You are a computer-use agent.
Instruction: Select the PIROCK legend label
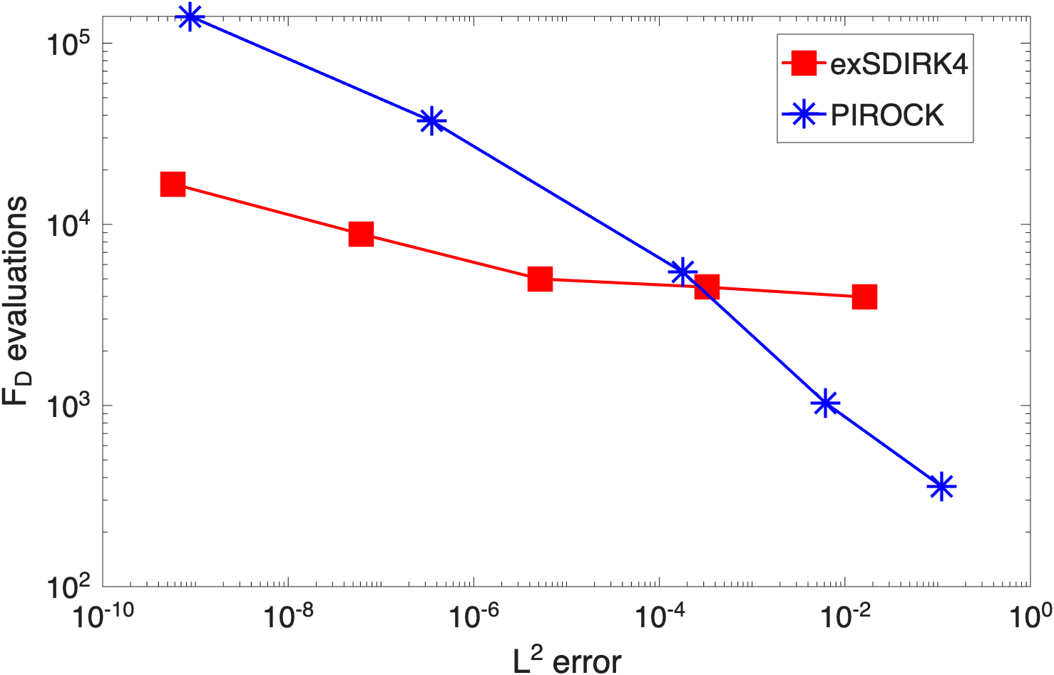click(x=887, y=115)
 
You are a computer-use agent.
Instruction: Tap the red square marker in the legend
click(x=804, y=63)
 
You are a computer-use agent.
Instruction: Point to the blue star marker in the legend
click(x=804, y=114)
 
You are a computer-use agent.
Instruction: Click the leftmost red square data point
click(x=173, y=184)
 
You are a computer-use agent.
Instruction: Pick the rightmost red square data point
click(x=865, y=297)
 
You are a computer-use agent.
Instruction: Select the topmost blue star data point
click(x=190, y=17)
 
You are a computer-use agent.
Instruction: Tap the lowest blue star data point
click(x=941, y=486)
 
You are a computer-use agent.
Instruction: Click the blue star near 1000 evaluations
click(x=825, y=403)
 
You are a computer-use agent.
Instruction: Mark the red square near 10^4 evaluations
click(x=362, y=234)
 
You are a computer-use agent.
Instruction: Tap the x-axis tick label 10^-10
click(x=103, y=617)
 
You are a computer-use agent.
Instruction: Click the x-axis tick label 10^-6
click(x=474, y=617)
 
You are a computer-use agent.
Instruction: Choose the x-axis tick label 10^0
click(x=1031, y=617)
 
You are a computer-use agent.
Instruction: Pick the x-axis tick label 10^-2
click(x=845, y=617)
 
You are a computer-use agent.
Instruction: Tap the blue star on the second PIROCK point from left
click(x=431, y=120)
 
